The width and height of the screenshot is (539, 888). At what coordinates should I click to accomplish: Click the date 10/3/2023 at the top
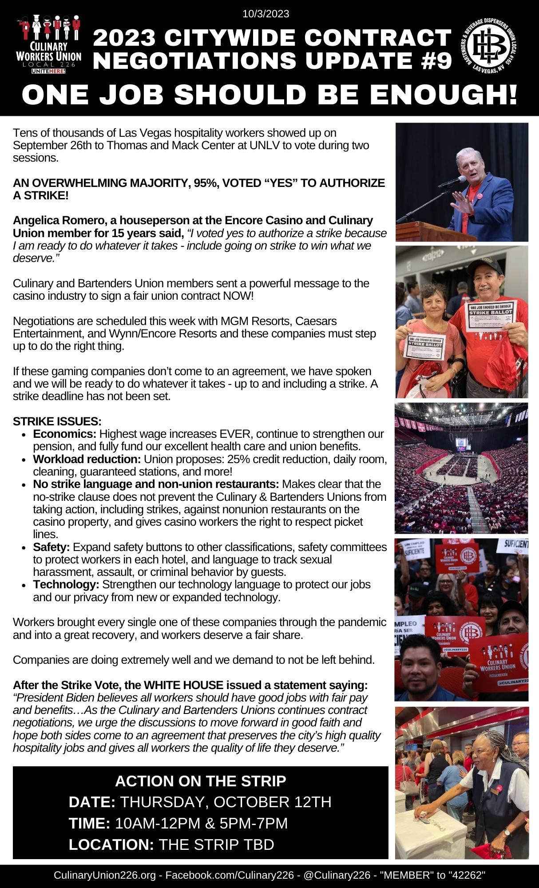266,14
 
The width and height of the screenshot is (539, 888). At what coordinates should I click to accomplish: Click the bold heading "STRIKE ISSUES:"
57,420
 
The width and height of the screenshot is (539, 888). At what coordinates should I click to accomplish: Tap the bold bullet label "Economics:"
65,433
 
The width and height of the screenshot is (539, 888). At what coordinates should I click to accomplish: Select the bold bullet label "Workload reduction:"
87,459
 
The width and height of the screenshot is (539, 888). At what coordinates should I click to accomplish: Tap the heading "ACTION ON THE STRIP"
201,781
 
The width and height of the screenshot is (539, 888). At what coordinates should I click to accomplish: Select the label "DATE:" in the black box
92,802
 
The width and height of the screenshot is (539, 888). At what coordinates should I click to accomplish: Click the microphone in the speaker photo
459,180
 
